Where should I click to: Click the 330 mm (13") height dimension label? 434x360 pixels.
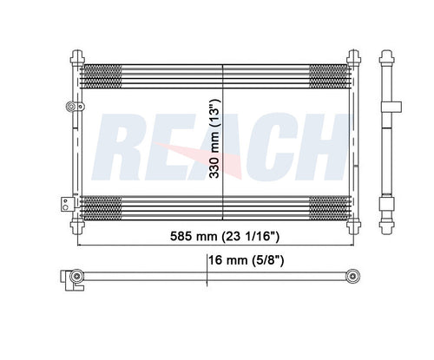[x=214, y=137]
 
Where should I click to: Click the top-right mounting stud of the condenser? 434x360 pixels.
[x=353, y=57]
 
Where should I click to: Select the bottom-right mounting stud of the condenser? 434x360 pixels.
[x=353, y=227]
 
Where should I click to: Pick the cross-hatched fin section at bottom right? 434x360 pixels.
[x=329, y=208]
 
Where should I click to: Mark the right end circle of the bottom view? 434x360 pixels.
[x=354, y=278]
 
